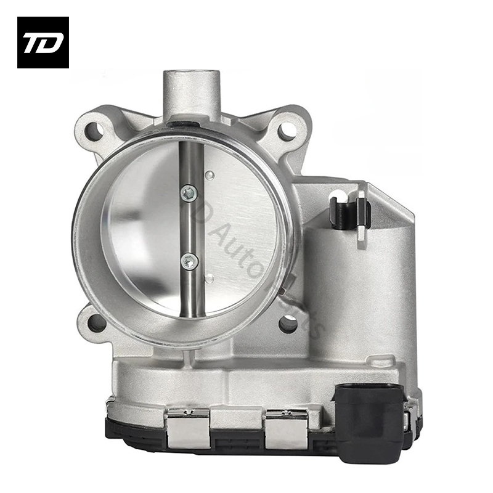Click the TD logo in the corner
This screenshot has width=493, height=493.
(43, 42)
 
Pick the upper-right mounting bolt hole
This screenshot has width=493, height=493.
(285, 130)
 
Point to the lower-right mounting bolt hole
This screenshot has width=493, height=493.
(288, 323)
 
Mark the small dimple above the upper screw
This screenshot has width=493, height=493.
(210, 176)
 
